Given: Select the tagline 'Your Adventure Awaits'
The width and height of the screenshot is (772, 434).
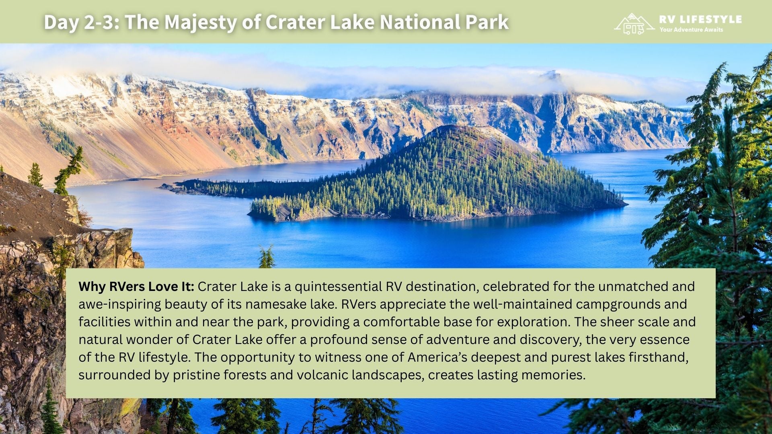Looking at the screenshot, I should pyautogui.click(x=691, y=30).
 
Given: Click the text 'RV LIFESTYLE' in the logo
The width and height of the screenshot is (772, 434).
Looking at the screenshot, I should pyautogui.click(x=700, y=19).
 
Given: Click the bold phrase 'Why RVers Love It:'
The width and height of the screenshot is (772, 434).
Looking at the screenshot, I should pyautogui.click(x=136, y=287).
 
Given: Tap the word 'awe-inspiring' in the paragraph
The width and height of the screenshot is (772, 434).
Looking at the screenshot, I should pyautogui.click(x=119, y=304).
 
